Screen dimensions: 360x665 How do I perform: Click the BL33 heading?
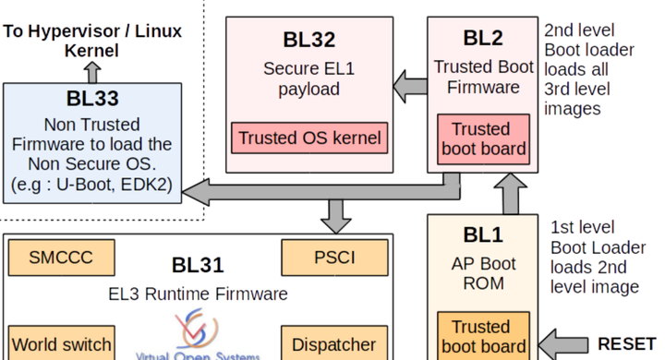click(x=92, y=99)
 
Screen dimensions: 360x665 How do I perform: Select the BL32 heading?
click(x=308, y=40)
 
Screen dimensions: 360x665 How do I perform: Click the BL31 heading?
click(x=198, y=266)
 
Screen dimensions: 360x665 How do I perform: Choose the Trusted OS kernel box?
click(x=308, y=138)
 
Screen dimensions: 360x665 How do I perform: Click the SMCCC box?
click(x=61, y=258)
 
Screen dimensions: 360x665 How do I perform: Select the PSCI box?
click(x=333, y=258)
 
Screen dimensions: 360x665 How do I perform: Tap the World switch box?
click(x=61, y=344)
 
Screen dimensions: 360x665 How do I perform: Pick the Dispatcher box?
click(x=333, y=344)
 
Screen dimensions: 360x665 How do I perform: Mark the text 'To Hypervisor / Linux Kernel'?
click(x=92, y=41)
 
